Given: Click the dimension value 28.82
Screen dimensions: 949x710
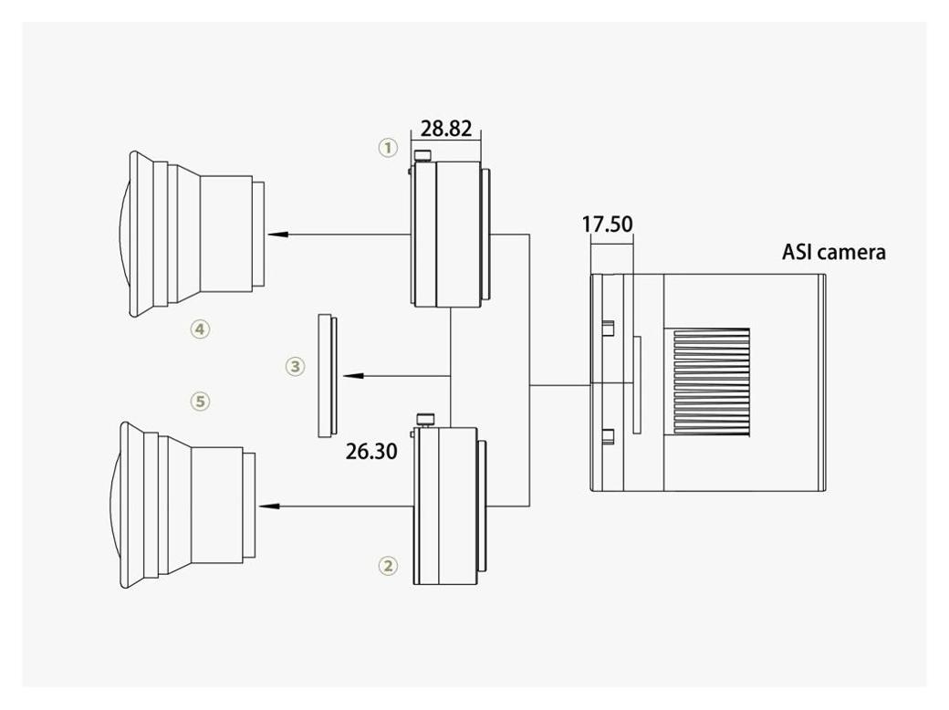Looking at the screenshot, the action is tap(446, 129).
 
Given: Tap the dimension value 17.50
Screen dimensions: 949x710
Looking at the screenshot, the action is tap(607, 224).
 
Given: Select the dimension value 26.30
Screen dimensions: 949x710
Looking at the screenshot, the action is tap(371, 451).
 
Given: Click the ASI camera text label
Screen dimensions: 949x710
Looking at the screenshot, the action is tap(833, 252).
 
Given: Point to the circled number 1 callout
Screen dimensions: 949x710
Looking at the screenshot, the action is tap(388, 147).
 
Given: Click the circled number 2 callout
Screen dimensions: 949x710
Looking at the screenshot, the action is tap(388, 565).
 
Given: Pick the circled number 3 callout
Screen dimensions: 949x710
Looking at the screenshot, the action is tap(295, 366).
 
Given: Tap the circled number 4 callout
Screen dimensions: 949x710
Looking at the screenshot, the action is tap(201, 329).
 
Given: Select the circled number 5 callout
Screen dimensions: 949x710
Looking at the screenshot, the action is tap(201, 401).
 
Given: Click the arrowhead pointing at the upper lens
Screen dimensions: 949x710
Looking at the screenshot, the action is tap(276, 235).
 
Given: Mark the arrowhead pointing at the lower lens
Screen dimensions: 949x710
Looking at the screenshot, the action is tap(268, 506).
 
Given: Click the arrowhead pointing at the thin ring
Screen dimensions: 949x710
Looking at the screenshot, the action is tap(353, 376).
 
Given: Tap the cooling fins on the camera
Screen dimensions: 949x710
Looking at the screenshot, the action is tap(711, 382).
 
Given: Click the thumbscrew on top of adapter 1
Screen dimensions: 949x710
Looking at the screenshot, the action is tap(423, 156).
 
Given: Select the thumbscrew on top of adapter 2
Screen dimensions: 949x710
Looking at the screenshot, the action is tap(425, 419).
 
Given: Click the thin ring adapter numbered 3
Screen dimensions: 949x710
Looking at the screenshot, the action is tap(328, 376).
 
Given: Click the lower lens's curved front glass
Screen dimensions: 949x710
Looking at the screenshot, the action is tap(115, 506).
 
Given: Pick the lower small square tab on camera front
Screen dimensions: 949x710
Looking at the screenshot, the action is tap(609, 436).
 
